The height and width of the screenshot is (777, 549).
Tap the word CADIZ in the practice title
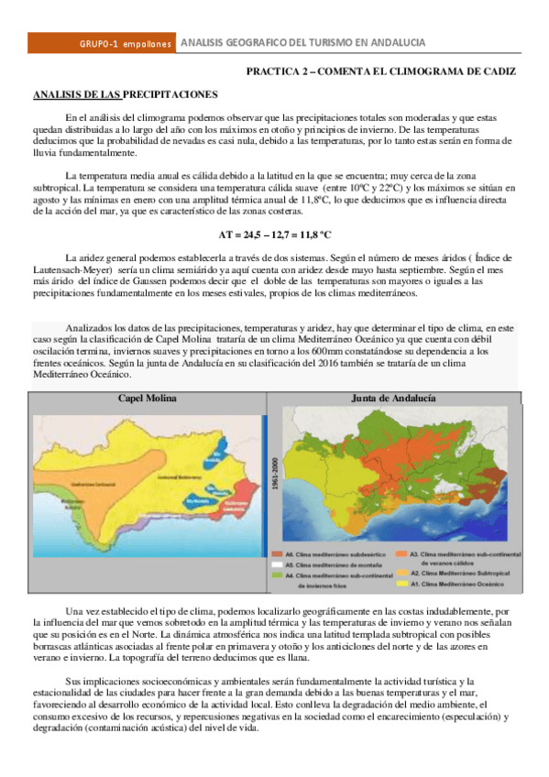[497, 71]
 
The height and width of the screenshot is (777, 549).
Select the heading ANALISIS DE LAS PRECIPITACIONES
[125, 94]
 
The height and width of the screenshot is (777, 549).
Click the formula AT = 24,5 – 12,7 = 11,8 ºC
[274, 234]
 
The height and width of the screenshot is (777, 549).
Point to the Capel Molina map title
[147, 399]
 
